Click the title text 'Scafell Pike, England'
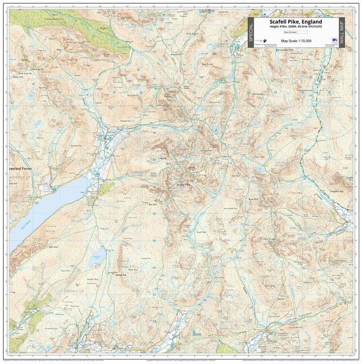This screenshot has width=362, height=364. pyautogui.click(x=296, y=22)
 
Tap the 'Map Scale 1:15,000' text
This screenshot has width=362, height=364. pyautogui.click(x=296, y=41)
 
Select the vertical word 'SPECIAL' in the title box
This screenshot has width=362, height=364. pyautogui.click(x=251, y=32)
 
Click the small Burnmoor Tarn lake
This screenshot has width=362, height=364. pyautogui.click(x=97, y=257)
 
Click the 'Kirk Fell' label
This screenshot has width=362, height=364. pyautogui.click(x=132, y=96)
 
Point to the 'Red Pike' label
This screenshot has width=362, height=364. pyautogui.click(x=43, y=87)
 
